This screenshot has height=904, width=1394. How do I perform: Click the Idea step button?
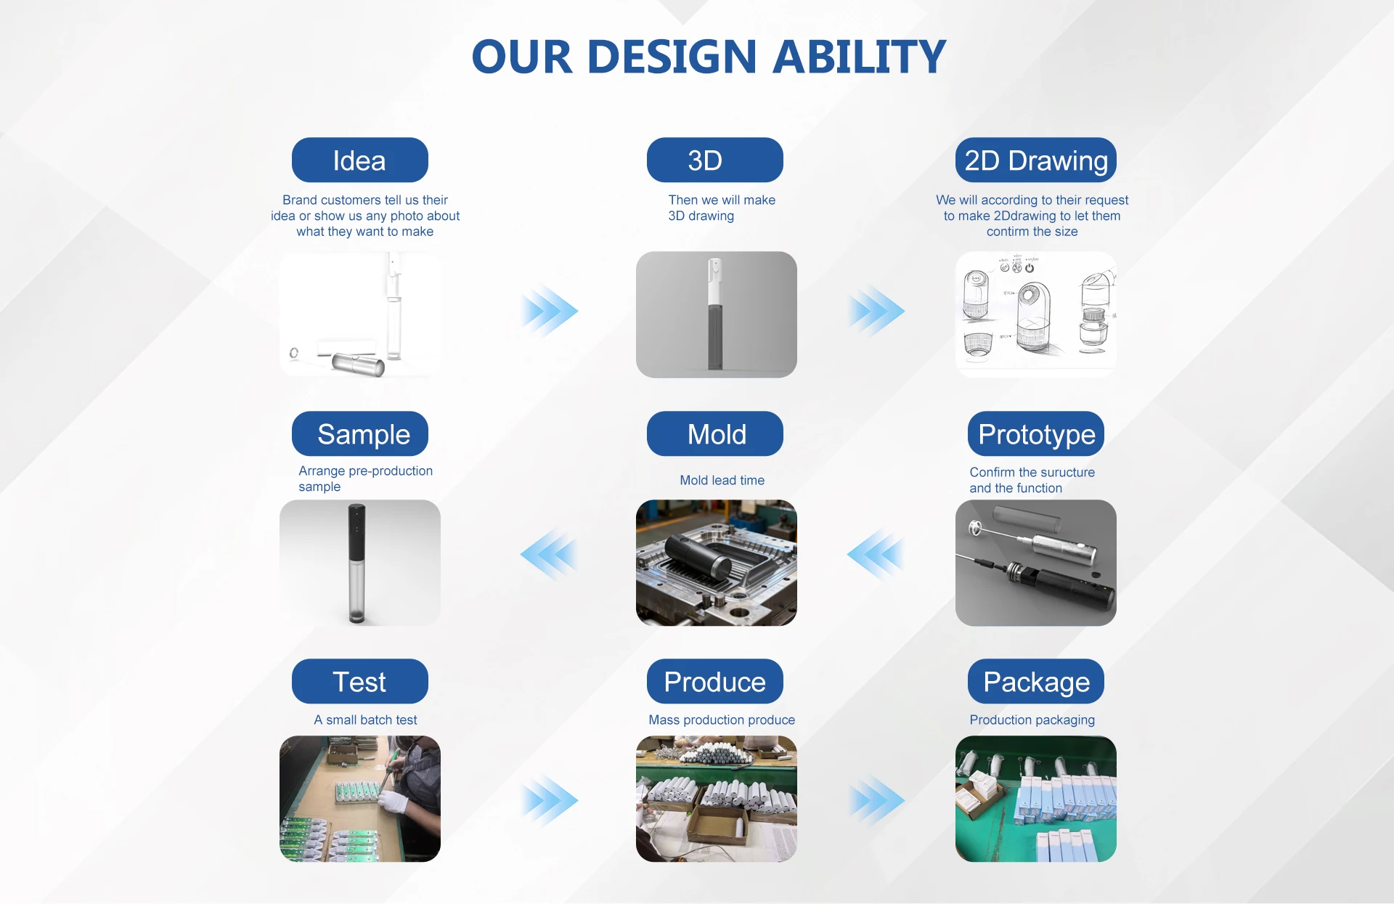click(x=359, y=160)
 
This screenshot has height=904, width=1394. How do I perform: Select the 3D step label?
click(x=714, y=160)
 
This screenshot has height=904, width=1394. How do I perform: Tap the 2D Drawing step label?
click(x=1036, y=160)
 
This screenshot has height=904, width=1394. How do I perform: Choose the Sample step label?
click(x=359, y=433)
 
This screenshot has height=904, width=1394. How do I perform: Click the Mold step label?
click(x=714, y=433)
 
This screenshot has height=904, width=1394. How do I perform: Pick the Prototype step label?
click(x=1036, y=433)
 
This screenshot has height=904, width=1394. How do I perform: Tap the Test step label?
click(x=359, y=681)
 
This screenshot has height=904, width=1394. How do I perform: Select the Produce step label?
click(x=714, y=681)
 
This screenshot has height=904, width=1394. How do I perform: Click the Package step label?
click(x=1036, y=681)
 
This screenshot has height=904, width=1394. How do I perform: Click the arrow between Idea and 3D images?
click(x=550, y=311)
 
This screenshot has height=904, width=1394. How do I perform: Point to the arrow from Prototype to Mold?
click(x=876, y=555)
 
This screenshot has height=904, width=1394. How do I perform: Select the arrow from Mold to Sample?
click(x=549, y=555)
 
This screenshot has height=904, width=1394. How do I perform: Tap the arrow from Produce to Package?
click(x=876, y=800)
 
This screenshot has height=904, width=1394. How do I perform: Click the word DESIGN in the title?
click(x=672, y=57)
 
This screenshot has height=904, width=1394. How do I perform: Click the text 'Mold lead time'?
click(x=722, y=480)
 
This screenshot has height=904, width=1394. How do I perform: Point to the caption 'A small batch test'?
click(x=365, y=720)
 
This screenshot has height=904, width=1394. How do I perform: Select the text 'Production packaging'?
click(x=1032, y=720)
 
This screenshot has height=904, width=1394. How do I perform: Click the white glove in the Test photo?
click(x=394, y=801)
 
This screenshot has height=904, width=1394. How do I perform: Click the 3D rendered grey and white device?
click(x=715, y=314)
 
